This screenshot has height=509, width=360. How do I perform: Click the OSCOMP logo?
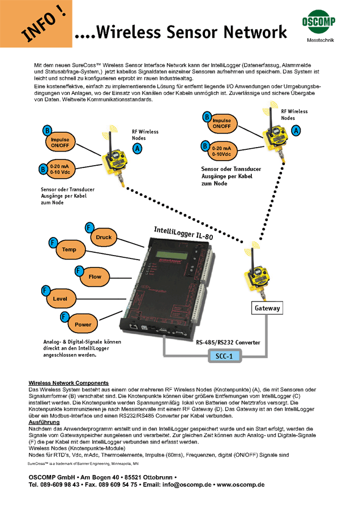coord(319,21)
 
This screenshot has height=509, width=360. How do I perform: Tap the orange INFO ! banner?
coord(36,24)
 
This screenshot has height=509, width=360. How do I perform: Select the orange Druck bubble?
coord(104,238)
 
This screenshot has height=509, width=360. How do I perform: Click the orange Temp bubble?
coord(69,249)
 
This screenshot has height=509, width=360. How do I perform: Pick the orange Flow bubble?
coord(95,277)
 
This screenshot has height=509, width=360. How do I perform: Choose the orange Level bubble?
coord(60,299)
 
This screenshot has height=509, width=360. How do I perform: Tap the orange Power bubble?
coord(83,324)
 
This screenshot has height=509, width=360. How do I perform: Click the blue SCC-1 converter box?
coord(224,356)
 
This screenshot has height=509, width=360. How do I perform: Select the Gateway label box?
coord(267,308)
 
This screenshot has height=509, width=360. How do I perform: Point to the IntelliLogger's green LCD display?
coord(169,255)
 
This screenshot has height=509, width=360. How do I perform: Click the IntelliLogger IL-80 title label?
coord(183,233)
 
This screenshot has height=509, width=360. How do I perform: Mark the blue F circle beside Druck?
coord(89,227)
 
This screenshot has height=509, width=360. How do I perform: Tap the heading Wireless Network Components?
coord(68,383)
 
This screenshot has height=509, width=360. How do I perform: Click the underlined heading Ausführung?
coord(44,422)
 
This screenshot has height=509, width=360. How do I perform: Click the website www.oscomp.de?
coord(241,485)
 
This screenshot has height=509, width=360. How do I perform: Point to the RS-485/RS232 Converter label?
coord(228,342)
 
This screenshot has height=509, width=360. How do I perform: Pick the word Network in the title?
coord(255,32)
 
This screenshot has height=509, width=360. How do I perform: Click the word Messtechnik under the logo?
coord(320,40)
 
